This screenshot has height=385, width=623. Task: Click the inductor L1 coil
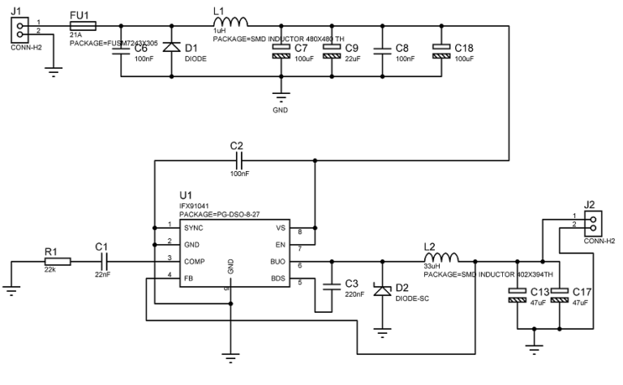[x=230, y=22]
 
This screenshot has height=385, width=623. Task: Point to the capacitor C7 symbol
[x=281, y=50]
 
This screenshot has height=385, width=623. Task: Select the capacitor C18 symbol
[x=441, y=50]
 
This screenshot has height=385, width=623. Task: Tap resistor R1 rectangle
[x=58, y=262]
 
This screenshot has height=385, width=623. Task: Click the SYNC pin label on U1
[x=193, y=228]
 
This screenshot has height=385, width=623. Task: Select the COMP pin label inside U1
[x=195, y=262]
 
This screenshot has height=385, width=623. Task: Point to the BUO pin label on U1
[x=277, y=262]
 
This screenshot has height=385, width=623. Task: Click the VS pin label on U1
[x=281, y=228]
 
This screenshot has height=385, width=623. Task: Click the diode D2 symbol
[x=380, y=290]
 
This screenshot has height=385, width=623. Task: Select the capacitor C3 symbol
[x=330, y=285]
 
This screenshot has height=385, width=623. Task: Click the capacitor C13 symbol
[x=516, y=296]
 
